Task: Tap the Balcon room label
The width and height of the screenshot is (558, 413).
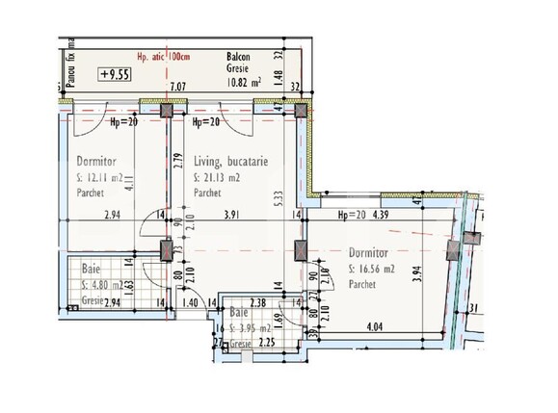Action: (x=240, y=56)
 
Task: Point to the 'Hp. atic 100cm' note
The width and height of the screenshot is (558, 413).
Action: (x=164, y=56)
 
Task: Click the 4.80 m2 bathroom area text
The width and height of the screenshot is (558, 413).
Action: (x=102, y=286)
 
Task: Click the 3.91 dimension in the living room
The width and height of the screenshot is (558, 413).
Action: (x=231, y=218)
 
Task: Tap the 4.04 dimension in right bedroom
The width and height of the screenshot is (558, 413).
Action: (x=375, y=326)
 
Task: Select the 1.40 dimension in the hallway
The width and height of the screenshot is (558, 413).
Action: (x=191, y=301)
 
